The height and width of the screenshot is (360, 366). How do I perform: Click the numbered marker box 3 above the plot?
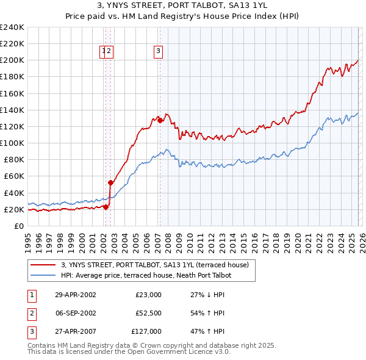158,52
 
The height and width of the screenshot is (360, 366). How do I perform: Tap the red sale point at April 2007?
160,120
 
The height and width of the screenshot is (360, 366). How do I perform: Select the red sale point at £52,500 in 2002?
110,182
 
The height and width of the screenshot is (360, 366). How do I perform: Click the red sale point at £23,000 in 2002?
106,206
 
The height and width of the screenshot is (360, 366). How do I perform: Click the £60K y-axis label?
14,176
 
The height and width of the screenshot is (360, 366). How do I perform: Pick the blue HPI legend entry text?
146,275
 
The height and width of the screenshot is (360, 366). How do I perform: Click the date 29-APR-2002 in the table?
75,295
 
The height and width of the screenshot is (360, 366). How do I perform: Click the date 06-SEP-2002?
75,313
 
